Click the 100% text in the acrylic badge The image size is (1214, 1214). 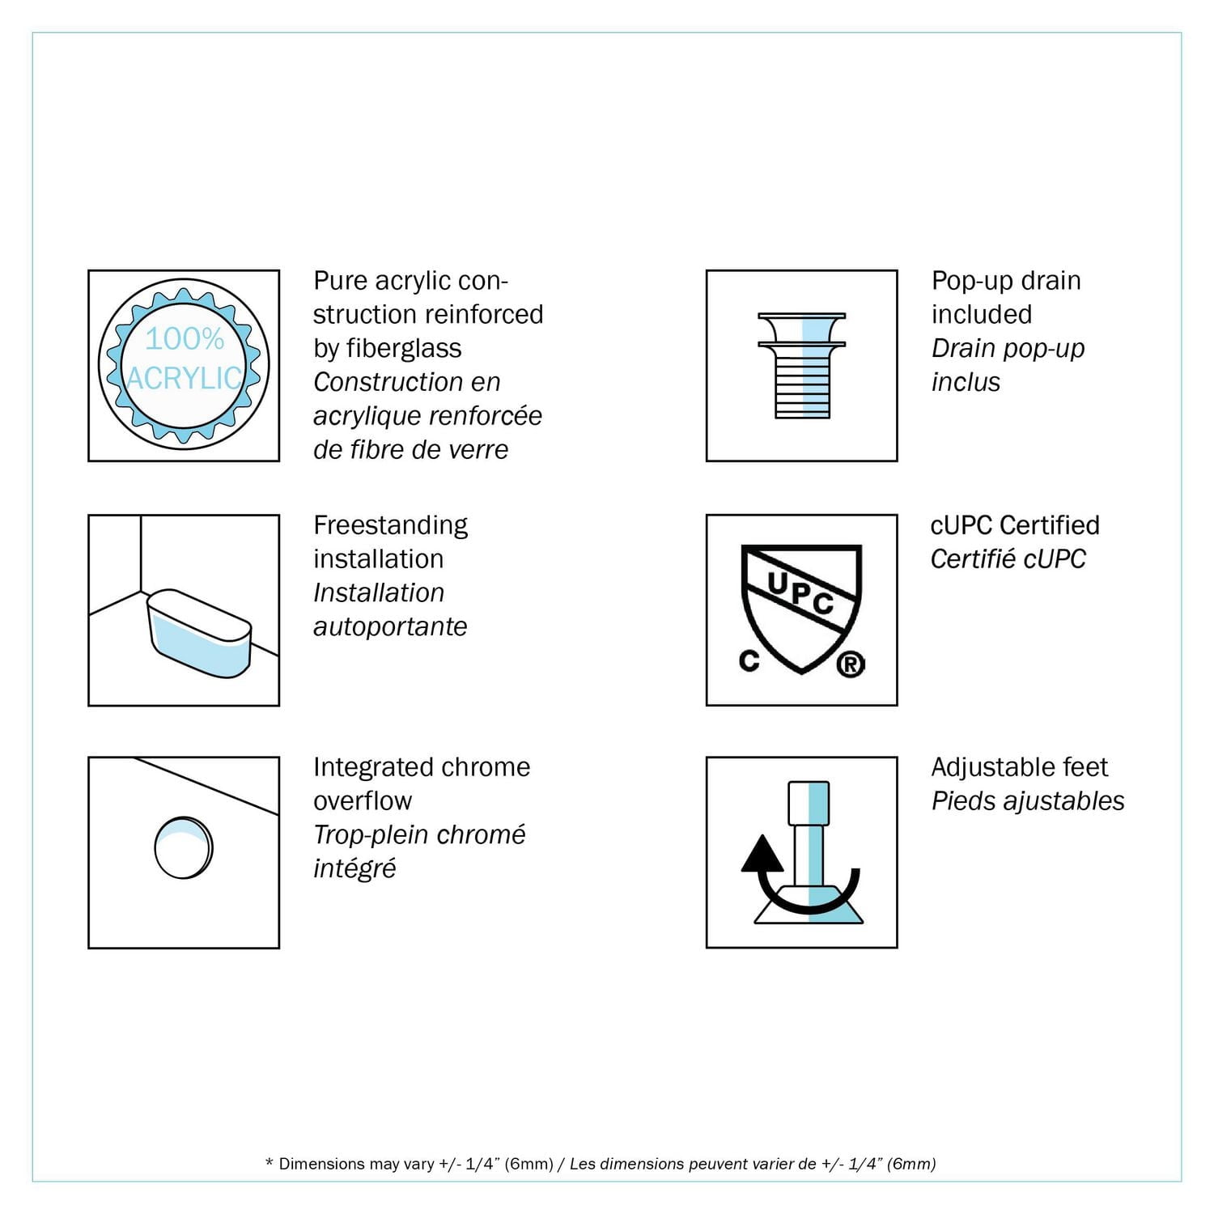pos(185,338)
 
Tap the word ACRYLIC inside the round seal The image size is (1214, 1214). pos(185,378)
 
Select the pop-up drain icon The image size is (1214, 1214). pos(802,365)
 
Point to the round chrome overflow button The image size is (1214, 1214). pos(184,847)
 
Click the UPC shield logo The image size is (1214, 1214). pos(801,608)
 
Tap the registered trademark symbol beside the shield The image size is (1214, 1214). pos(851,665)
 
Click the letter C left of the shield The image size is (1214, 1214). pos(749,661)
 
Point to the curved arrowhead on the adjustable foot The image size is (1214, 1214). pos(762,855)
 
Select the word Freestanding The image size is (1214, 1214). pos(390,525)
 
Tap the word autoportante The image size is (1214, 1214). pos(390,626)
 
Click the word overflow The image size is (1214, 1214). pos(363,800)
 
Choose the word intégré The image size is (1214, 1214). pos(354,868)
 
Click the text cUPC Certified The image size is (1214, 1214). pos(1015,525)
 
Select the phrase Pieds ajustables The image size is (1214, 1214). pos(1028,800)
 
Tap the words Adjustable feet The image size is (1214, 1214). pos(1020,766)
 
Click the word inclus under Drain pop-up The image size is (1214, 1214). pos(966,382)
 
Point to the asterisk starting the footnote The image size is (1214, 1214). pos(270,1161)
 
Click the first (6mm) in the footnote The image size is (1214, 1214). pos(529,1164)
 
